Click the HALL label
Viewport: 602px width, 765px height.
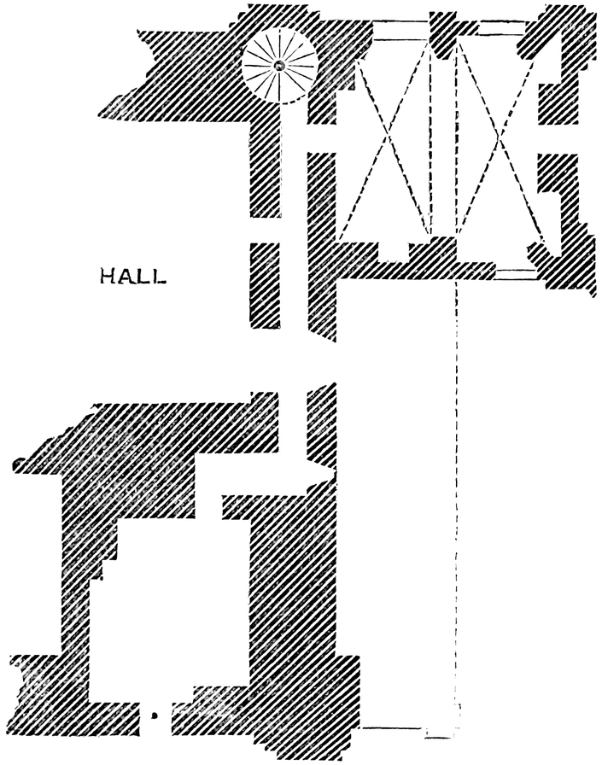[132, 277]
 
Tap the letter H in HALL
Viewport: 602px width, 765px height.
[108, 277]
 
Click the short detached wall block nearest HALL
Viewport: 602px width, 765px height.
[264, 285]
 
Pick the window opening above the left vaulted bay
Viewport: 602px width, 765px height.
[400, 31]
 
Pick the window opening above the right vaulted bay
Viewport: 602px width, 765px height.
[489, 31]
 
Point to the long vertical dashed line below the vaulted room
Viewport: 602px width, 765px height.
[458, 495]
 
